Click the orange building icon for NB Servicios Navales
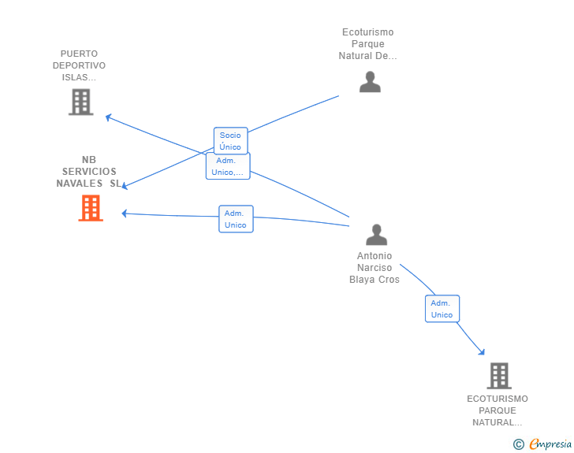tap(91, 208)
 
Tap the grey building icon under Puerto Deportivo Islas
tap(80, 102)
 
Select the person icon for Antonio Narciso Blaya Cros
tap(376, 235)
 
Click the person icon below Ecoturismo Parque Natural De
tap(370, 82)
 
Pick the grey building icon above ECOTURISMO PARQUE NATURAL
tap(498, 376)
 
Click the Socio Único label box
tap(230, 141)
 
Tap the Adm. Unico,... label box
tap(228, 166)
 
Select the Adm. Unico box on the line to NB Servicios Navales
tap(236, 219)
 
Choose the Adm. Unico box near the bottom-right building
tap(442, 309)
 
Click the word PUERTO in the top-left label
tap(79, 54)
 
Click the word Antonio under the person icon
tap(375, 256)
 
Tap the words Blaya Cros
tap(375, 280)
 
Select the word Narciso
tap(375, 268)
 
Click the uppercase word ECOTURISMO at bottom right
tap(498, 399)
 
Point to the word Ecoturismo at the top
tap(367, 32)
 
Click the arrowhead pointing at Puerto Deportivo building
tap(109, 117)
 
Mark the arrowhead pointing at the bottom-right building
tap(481, 351)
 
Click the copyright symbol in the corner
tap(518, 444)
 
